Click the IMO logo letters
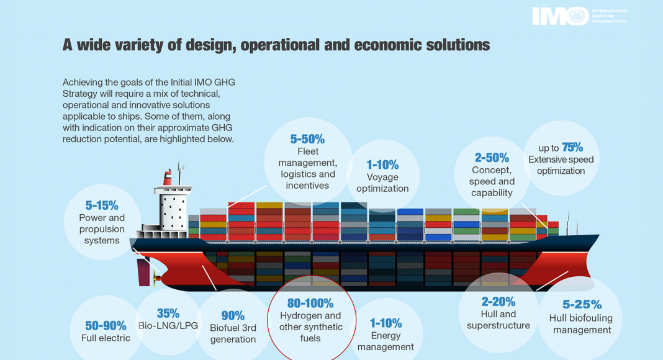click(559, 16)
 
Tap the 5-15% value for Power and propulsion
click(102, 205)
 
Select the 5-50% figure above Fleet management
click(307, 139)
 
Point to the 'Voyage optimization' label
click(382, 182)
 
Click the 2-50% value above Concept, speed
click(492, 158)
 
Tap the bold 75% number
click(572, 147)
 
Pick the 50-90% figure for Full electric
click(106, 325)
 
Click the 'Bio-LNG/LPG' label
click(168, 326)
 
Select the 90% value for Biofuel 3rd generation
click(233, 315)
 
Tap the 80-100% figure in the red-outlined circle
click(310, 304)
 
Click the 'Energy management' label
click(386, 341)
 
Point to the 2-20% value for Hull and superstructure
click(498, 302)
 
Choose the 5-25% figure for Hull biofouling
click(582, 305)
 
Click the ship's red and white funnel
click(168, 178)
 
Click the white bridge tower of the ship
click(172, 207)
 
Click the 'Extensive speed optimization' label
click(561, 165)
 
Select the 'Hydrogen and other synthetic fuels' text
click(310, 326)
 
